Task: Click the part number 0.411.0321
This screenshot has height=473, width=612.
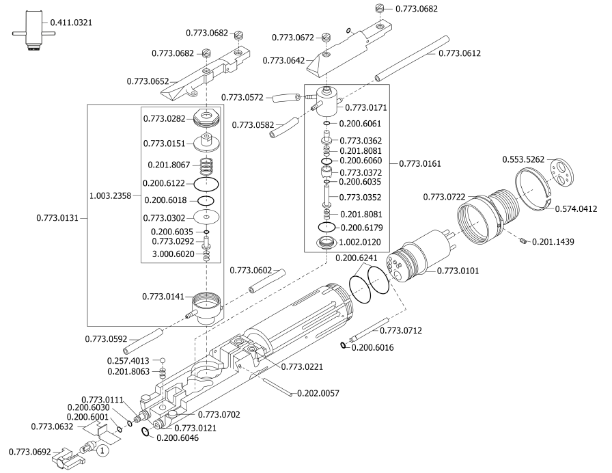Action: pos(71,23)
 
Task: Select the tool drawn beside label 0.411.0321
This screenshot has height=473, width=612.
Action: pos(31,31)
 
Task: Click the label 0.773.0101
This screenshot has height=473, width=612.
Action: pos(458,270)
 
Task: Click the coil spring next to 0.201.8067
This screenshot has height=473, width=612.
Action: pos(206,165)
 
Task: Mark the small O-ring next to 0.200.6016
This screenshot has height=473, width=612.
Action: pos(344,347)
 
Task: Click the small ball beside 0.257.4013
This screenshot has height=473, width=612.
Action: pos(163,360)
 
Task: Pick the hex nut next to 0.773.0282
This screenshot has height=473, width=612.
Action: pos(206,118)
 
